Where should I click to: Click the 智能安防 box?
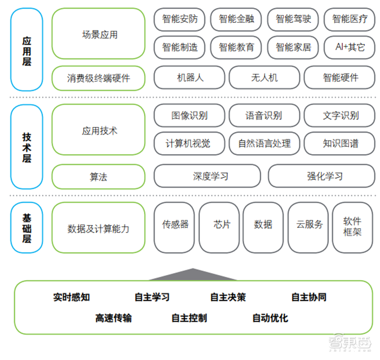[x=180, y=19]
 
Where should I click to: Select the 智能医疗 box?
[x=350, y=19]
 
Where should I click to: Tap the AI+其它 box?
[x=350, y=47]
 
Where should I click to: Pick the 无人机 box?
[x=265, y=78]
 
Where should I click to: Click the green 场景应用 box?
[x=98, y=33]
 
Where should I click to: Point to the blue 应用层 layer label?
[x=27, y=49]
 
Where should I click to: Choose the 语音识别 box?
[x=265, y=116]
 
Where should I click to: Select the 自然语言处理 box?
[x=265, y=143]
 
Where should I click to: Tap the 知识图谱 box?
[x=340, y=143]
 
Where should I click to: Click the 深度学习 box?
[x=208, y=176]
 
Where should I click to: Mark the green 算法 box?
[x=98, y=176]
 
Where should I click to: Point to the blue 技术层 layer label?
[x=27, y=147]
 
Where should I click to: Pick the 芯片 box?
[x=219, y=227]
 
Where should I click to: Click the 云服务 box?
[x=308, y=227]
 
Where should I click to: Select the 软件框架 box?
[x=352, y=227]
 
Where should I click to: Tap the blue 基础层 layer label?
[x=27, y=227]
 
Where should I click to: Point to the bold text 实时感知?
[x=72, y=297]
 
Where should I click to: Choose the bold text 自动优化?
[x=270, y=318]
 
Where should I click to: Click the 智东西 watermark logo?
[x=350, y=342]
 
